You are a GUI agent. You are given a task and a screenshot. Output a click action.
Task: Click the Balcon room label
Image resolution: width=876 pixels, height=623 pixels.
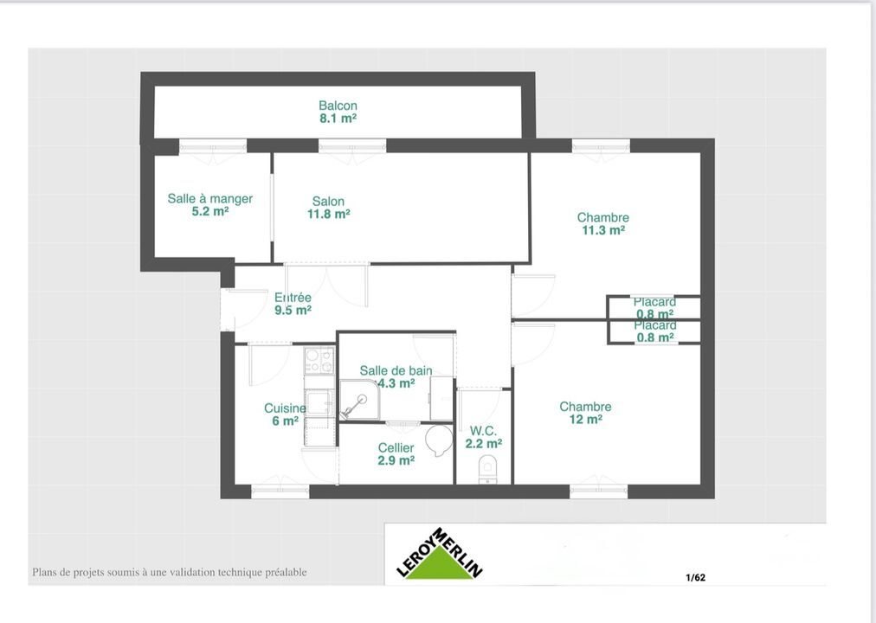(x=338, y=106)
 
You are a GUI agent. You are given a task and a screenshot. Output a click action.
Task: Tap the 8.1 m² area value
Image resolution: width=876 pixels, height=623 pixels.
(x=338, y=119)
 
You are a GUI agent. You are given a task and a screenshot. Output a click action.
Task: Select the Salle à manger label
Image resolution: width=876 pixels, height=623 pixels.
(x=210, y=199)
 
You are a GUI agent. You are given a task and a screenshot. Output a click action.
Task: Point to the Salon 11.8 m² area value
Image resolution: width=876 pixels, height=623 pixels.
(x=330, y=214)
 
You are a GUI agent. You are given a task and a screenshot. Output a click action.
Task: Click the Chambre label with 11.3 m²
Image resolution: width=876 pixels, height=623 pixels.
(x=603, y=218)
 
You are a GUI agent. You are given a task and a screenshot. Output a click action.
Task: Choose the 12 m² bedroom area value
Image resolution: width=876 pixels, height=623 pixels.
(x=585, y=420)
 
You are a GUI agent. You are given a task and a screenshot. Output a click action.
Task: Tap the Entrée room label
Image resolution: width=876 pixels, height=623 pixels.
(x=293, y=298)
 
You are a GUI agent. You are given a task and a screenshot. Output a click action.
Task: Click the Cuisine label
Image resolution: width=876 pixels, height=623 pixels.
(x=285, y=408)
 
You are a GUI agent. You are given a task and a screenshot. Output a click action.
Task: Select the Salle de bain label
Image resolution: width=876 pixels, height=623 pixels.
(x=396, y=371)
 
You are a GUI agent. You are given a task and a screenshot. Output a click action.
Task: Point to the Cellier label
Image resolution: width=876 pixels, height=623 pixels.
(x=396, y=448)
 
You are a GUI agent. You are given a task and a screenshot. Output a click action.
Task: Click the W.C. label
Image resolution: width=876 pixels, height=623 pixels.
(x=483, y=431)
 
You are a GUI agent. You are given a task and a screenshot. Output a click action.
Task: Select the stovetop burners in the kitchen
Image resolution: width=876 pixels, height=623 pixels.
(x=319, y=360)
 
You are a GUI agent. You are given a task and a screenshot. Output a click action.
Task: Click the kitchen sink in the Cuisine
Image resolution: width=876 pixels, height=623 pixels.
(x=319, y=403)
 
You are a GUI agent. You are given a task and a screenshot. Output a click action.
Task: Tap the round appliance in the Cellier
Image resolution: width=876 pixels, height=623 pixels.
(x=440, y=439)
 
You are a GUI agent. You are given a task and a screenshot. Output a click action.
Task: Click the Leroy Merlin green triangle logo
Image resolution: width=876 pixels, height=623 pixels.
(x=440, y=563)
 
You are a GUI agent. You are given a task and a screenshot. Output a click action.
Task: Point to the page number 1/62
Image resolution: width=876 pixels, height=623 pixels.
(x=695, y=577)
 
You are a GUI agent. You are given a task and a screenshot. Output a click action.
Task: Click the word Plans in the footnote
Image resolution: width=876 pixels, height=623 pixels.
(x=46, y=572)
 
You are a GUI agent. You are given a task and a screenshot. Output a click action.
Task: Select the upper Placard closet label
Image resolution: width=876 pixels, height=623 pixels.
(x=654, y=302)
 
